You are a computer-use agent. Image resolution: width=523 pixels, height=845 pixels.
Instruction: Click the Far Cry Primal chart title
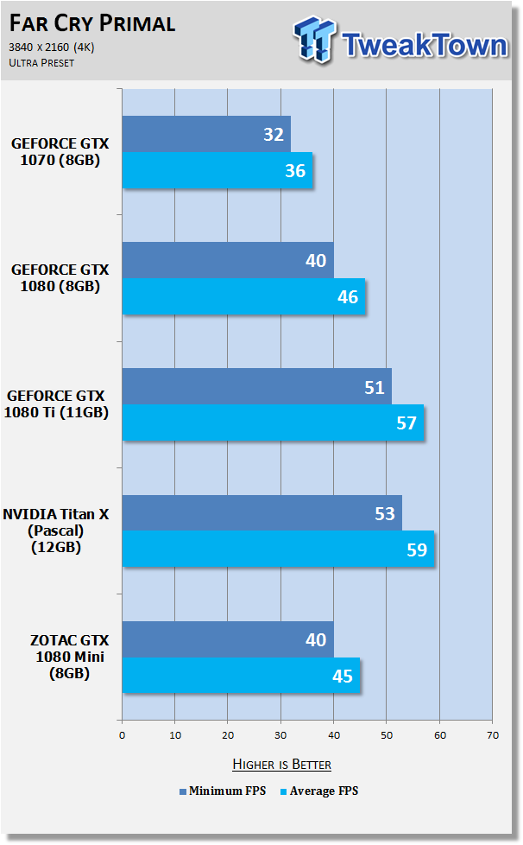92,23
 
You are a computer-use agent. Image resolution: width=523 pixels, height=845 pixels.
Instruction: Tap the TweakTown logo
400,41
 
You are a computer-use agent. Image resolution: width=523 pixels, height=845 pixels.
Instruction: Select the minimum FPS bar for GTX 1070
206,134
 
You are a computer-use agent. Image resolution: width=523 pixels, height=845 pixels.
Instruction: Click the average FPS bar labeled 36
217,170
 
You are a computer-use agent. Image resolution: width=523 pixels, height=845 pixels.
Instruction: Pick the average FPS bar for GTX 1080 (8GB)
243,296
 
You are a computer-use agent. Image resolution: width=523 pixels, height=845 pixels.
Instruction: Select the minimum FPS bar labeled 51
257,386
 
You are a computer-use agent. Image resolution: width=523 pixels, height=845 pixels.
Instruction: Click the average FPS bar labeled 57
274,422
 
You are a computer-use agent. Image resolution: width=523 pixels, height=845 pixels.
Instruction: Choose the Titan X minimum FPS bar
262,513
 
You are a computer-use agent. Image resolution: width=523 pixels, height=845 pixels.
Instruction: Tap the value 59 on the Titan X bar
417,550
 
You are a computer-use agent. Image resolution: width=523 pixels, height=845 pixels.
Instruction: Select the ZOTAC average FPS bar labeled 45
241,676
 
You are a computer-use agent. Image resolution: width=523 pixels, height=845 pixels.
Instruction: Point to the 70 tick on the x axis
493,735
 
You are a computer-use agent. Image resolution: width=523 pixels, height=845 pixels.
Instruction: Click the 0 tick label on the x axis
123,735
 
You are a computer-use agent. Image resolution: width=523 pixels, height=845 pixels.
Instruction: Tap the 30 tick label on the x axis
280,735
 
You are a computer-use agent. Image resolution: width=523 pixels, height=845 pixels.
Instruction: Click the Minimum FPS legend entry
223,791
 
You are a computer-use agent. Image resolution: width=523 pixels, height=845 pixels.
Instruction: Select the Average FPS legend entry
319,791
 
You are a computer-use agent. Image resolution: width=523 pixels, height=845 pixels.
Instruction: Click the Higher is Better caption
282,764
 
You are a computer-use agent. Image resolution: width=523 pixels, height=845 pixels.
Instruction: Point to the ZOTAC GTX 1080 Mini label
69,657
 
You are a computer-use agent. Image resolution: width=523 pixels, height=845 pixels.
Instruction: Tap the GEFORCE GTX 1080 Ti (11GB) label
56,403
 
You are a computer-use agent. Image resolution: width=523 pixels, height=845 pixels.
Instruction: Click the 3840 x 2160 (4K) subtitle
52,48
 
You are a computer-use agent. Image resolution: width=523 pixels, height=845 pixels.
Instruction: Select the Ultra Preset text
41,62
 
